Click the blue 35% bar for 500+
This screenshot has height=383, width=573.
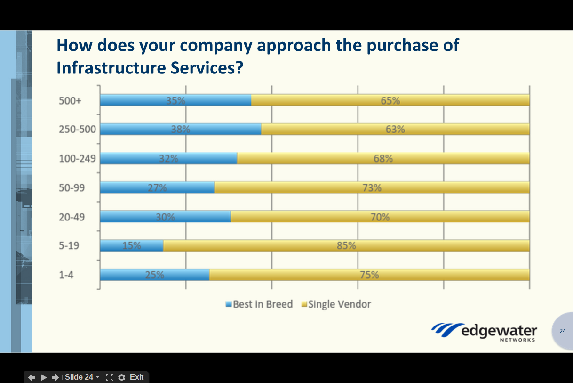tap(175, 100)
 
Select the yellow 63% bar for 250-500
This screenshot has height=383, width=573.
tap(395, 129)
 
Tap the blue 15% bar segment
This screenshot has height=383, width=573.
tap(132, 245)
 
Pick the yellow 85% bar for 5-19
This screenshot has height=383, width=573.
tap(346, 245)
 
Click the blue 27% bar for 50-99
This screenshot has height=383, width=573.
tap(157, 187)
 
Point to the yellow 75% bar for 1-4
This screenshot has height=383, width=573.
tap(369, 275)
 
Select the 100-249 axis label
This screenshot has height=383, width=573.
tap(77, 159)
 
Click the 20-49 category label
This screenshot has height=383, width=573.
tap(72, 217)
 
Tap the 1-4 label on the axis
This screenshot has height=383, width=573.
tap(66, 275)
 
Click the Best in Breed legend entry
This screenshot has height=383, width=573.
tap(259, 304)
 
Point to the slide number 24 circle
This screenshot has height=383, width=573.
tap(563, 331)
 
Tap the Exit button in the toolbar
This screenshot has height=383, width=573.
tap(136, 377)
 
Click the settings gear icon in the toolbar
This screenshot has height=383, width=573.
tap(122, 377)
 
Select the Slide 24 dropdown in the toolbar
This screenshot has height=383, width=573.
tap(82, 377)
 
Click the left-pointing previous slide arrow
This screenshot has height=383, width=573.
tap(32, 377)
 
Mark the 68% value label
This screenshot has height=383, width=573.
tap(383, 159)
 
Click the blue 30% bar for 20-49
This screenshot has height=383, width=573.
tap(165, 217)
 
